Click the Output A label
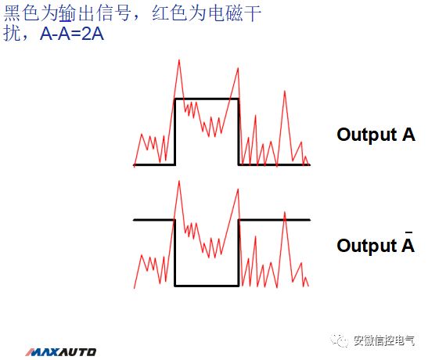[x=376, y=134]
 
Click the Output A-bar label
[x=376, y=245]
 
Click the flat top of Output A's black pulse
[x=206, y=99]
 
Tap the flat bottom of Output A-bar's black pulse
[x=206, y=286]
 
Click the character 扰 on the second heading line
[x=13, y=35]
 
